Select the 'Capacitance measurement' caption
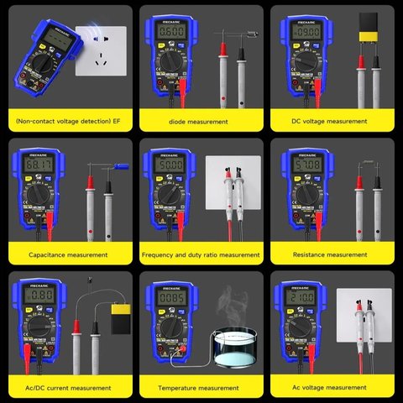[x=68, y=254]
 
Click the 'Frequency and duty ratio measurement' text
[x=201, y=254]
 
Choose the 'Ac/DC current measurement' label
[x=68, y=388]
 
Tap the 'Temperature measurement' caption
[x=201, y=388]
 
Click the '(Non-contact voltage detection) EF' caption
[x=68, y=122]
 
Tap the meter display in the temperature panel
[x=166, y=298]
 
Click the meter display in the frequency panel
[x=166, y=165]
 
